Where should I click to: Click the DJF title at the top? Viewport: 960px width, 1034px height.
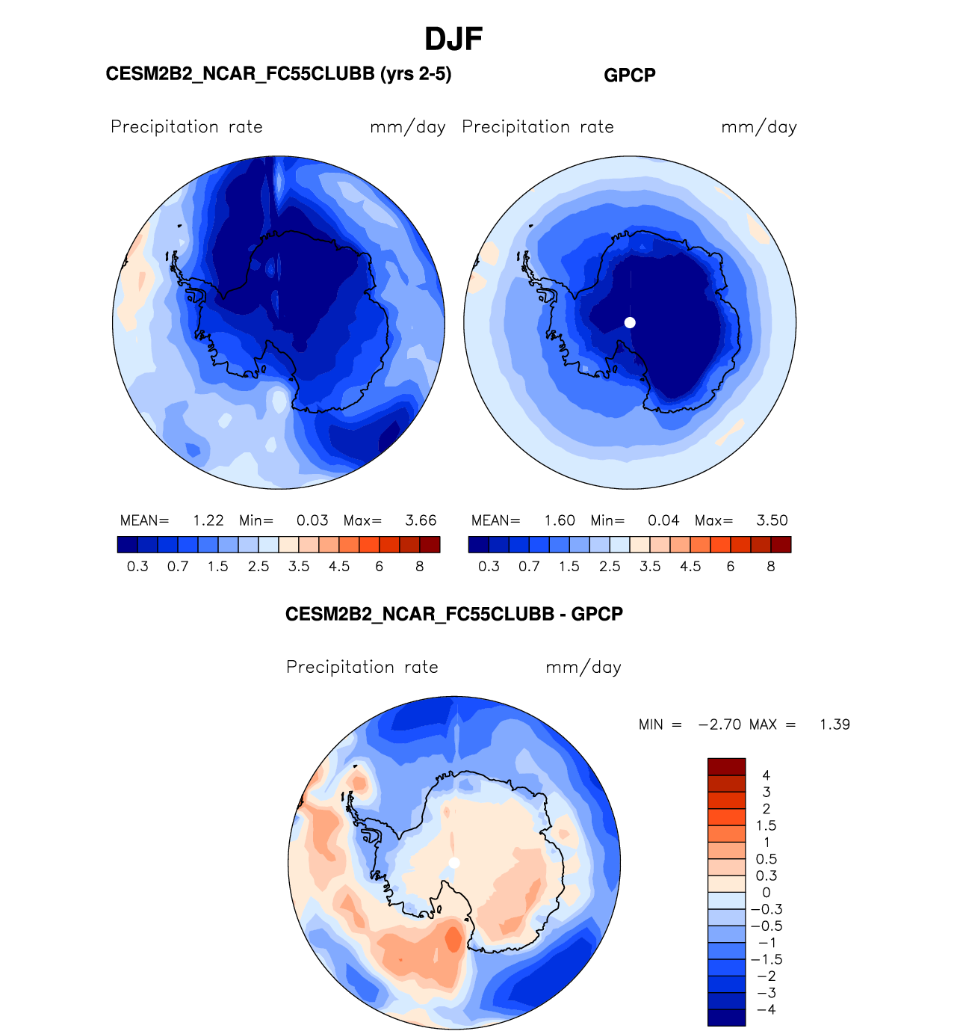[453, 39]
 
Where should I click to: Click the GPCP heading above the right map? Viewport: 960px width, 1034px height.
[629, 76]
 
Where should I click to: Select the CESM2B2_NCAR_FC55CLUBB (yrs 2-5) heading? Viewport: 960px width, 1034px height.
[279, 74]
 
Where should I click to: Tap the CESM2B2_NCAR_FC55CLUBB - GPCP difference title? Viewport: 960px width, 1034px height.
[453, 615]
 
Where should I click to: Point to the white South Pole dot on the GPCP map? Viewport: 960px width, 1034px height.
[630, 322]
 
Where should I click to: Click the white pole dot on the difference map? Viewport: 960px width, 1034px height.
[454, 863]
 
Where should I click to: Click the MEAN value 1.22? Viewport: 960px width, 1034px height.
[208, 520]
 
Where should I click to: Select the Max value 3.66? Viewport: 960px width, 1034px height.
[421, 520]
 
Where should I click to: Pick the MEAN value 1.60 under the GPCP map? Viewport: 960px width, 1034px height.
[560, 520]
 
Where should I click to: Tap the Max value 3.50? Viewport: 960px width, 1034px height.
[772, 520]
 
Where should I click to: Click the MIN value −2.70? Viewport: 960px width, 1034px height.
[719, 724]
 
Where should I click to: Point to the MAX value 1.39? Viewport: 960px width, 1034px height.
[834, 724]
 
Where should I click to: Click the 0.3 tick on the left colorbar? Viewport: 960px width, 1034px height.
[137, 567]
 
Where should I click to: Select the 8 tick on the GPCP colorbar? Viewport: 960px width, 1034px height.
[771, 567]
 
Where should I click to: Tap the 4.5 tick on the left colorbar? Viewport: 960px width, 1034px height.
[339, 567]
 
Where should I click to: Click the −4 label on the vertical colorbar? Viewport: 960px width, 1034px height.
[767, 1009]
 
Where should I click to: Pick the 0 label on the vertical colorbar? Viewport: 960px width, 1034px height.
[767, 893]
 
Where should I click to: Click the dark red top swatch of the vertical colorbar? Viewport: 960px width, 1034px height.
[726, 766]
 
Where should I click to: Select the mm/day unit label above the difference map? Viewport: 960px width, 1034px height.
[583, 668]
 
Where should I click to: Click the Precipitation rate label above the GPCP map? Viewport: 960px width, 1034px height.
[538, 127]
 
